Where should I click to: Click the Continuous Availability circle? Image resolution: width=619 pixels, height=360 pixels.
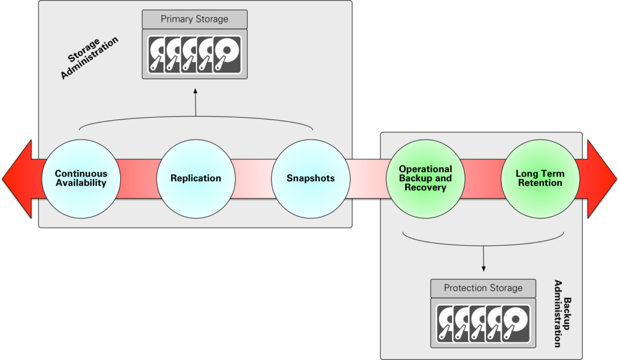point(80,179)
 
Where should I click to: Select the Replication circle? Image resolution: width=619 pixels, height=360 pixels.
point(195,179)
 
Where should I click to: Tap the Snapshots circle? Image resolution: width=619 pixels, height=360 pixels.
point(311,179)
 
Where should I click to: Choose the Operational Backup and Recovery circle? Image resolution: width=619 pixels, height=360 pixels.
point(425,179)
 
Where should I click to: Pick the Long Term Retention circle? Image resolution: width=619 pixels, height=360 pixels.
point(540,179)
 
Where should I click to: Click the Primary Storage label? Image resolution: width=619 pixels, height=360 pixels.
point(194,19)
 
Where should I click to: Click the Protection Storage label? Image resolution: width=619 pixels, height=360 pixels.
point(482,288)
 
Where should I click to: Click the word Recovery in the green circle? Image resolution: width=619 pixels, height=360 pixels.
point(426,188)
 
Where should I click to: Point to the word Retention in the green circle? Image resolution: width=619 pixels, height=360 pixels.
point(540,183)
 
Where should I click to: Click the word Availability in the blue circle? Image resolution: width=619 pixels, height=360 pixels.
point(80,183)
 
